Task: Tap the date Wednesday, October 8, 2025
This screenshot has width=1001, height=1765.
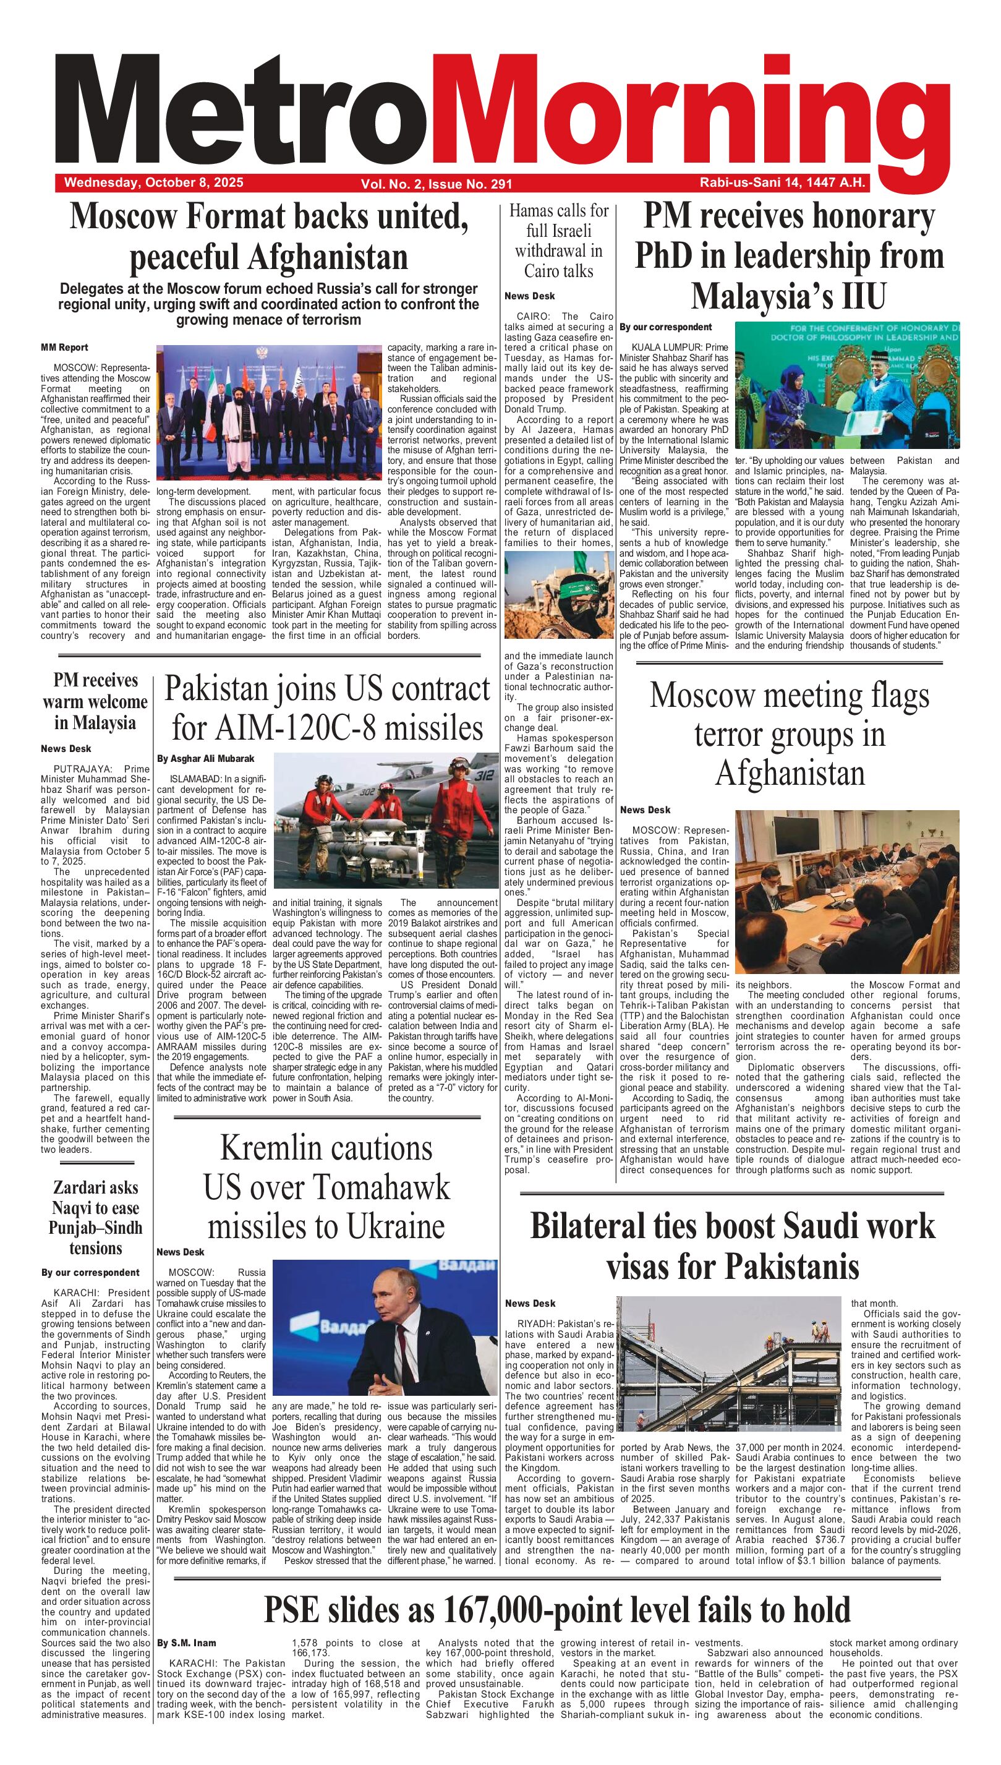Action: (153, 183)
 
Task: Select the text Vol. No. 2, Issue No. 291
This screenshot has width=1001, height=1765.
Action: (436, 184)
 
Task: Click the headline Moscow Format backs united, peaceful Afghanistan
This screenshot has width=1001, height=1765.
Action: (269, 237)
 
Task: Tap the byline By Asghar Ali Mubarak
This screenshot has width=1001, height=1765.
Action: (205, 758)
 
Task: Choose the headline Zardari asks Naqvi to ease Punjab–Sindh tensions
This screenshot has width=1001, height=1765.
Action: (96, 1218)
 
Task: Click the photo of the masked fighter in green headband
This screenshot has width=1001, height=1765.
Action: (558, 595)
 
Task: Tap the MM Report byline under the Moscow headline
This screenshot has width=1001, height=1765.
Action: (65, 347)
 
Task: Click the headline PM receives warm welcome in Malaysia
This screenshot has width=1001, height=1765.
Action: (96, 701)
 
